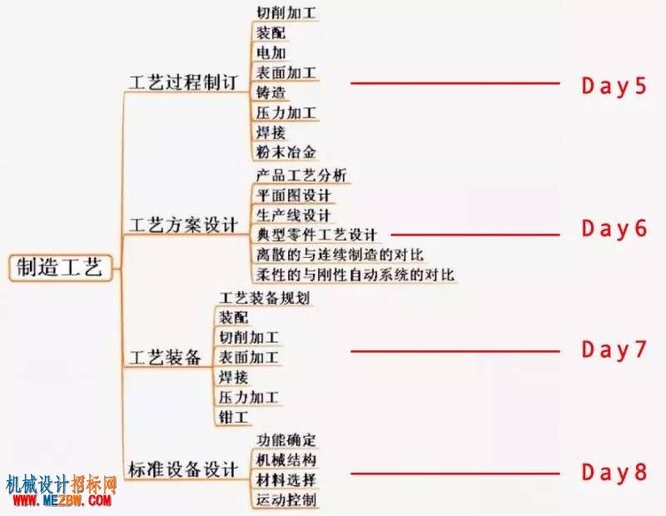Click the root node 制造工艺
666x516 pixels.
[60, 267]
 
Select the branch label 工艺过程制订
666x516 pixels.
[182, 82]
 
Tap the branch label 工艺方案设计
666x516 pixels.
[182, 225]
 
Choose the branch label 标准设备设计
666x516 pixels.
[182, 469]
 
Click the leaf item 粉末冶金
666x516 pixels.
[286, 151]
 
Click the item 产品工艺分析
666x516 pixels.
[301, 175]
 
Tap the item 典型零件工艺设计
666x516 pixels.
[316, 235]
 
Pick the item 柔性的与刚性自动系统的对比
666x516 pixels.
[355, 275]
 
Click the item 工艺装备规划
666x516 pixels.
[264, 298]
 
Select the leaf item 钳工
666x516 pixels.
[233, 417]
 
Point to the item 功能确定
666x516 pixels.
[286, 440]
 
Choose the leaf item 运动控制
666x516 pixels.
[286, 499]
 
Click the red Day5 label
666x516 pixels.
[614, 87]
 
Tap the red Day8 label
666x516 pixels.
[614, 472]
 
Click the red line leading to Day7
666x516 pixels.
[455, 351]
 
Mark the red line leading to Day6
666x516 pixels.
[475, 234]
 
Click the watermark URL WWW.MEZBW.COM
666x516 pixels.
[62, 500]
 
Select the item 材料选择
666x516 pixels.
[286, 480]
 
